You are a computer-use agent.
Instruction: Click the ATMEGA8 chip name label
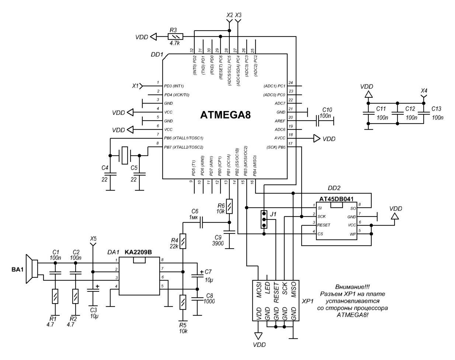pos(225,115)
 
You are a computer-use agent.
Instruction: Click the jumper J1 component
pos(264,219)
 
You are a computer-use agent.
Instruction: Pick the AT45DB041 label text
pos(336,199)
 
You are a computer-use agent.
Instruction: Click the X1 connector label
pos(135,86)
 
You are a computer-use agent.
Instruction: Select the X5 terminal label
pos(93,239)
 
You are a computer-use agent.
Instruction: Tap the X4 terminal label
pos(424,90)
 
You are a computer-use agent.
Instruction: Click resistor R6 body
pos(229,207)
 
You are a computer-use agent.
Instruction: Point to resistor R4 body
pos(183,241)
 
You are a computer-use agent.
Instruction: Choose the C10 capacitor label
pos(327,110)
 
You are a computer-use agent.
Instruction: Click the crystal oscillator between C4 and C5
pos(125,155)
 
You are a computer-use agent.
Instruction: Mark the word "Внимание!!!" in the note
pos(352,287)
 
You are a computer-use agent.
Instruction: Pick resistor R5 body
pos(183,302)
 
